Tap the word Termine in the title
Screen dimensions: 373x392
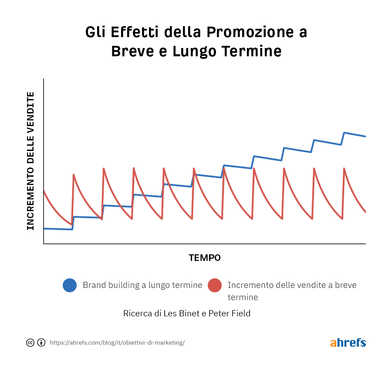point(252,51)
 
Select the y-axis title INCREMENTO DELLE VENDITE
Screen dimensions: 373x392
point(30,161)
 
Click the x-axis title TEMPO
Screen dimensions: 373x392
point(205,258)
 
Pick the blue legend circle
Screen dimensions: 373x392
point(70,285)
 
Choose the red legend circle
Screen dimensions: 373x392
point(215,285)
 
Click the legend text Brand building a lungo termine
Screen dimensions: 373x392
point(142,285)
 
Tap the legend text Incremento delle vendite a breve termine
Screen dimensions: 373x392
point(292,291)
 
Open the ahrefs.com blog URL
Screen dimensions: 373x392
point(117,343)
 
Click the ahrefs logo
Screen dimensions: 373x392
point(348,342)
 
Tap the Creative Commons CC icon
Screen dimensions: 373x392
point(30,342)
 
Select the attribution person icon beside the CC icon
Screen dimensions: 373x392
point(41,342)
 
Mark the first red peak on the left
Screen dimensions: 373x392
point(74,175)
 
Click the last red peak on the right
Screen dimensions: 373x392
point(345,168)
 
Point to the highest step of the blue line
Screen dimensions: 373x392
point(345,133)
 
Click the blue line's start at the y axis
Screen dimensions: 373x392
point(44,228)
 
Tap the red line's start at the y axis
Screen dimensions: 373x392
point(44,191)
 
